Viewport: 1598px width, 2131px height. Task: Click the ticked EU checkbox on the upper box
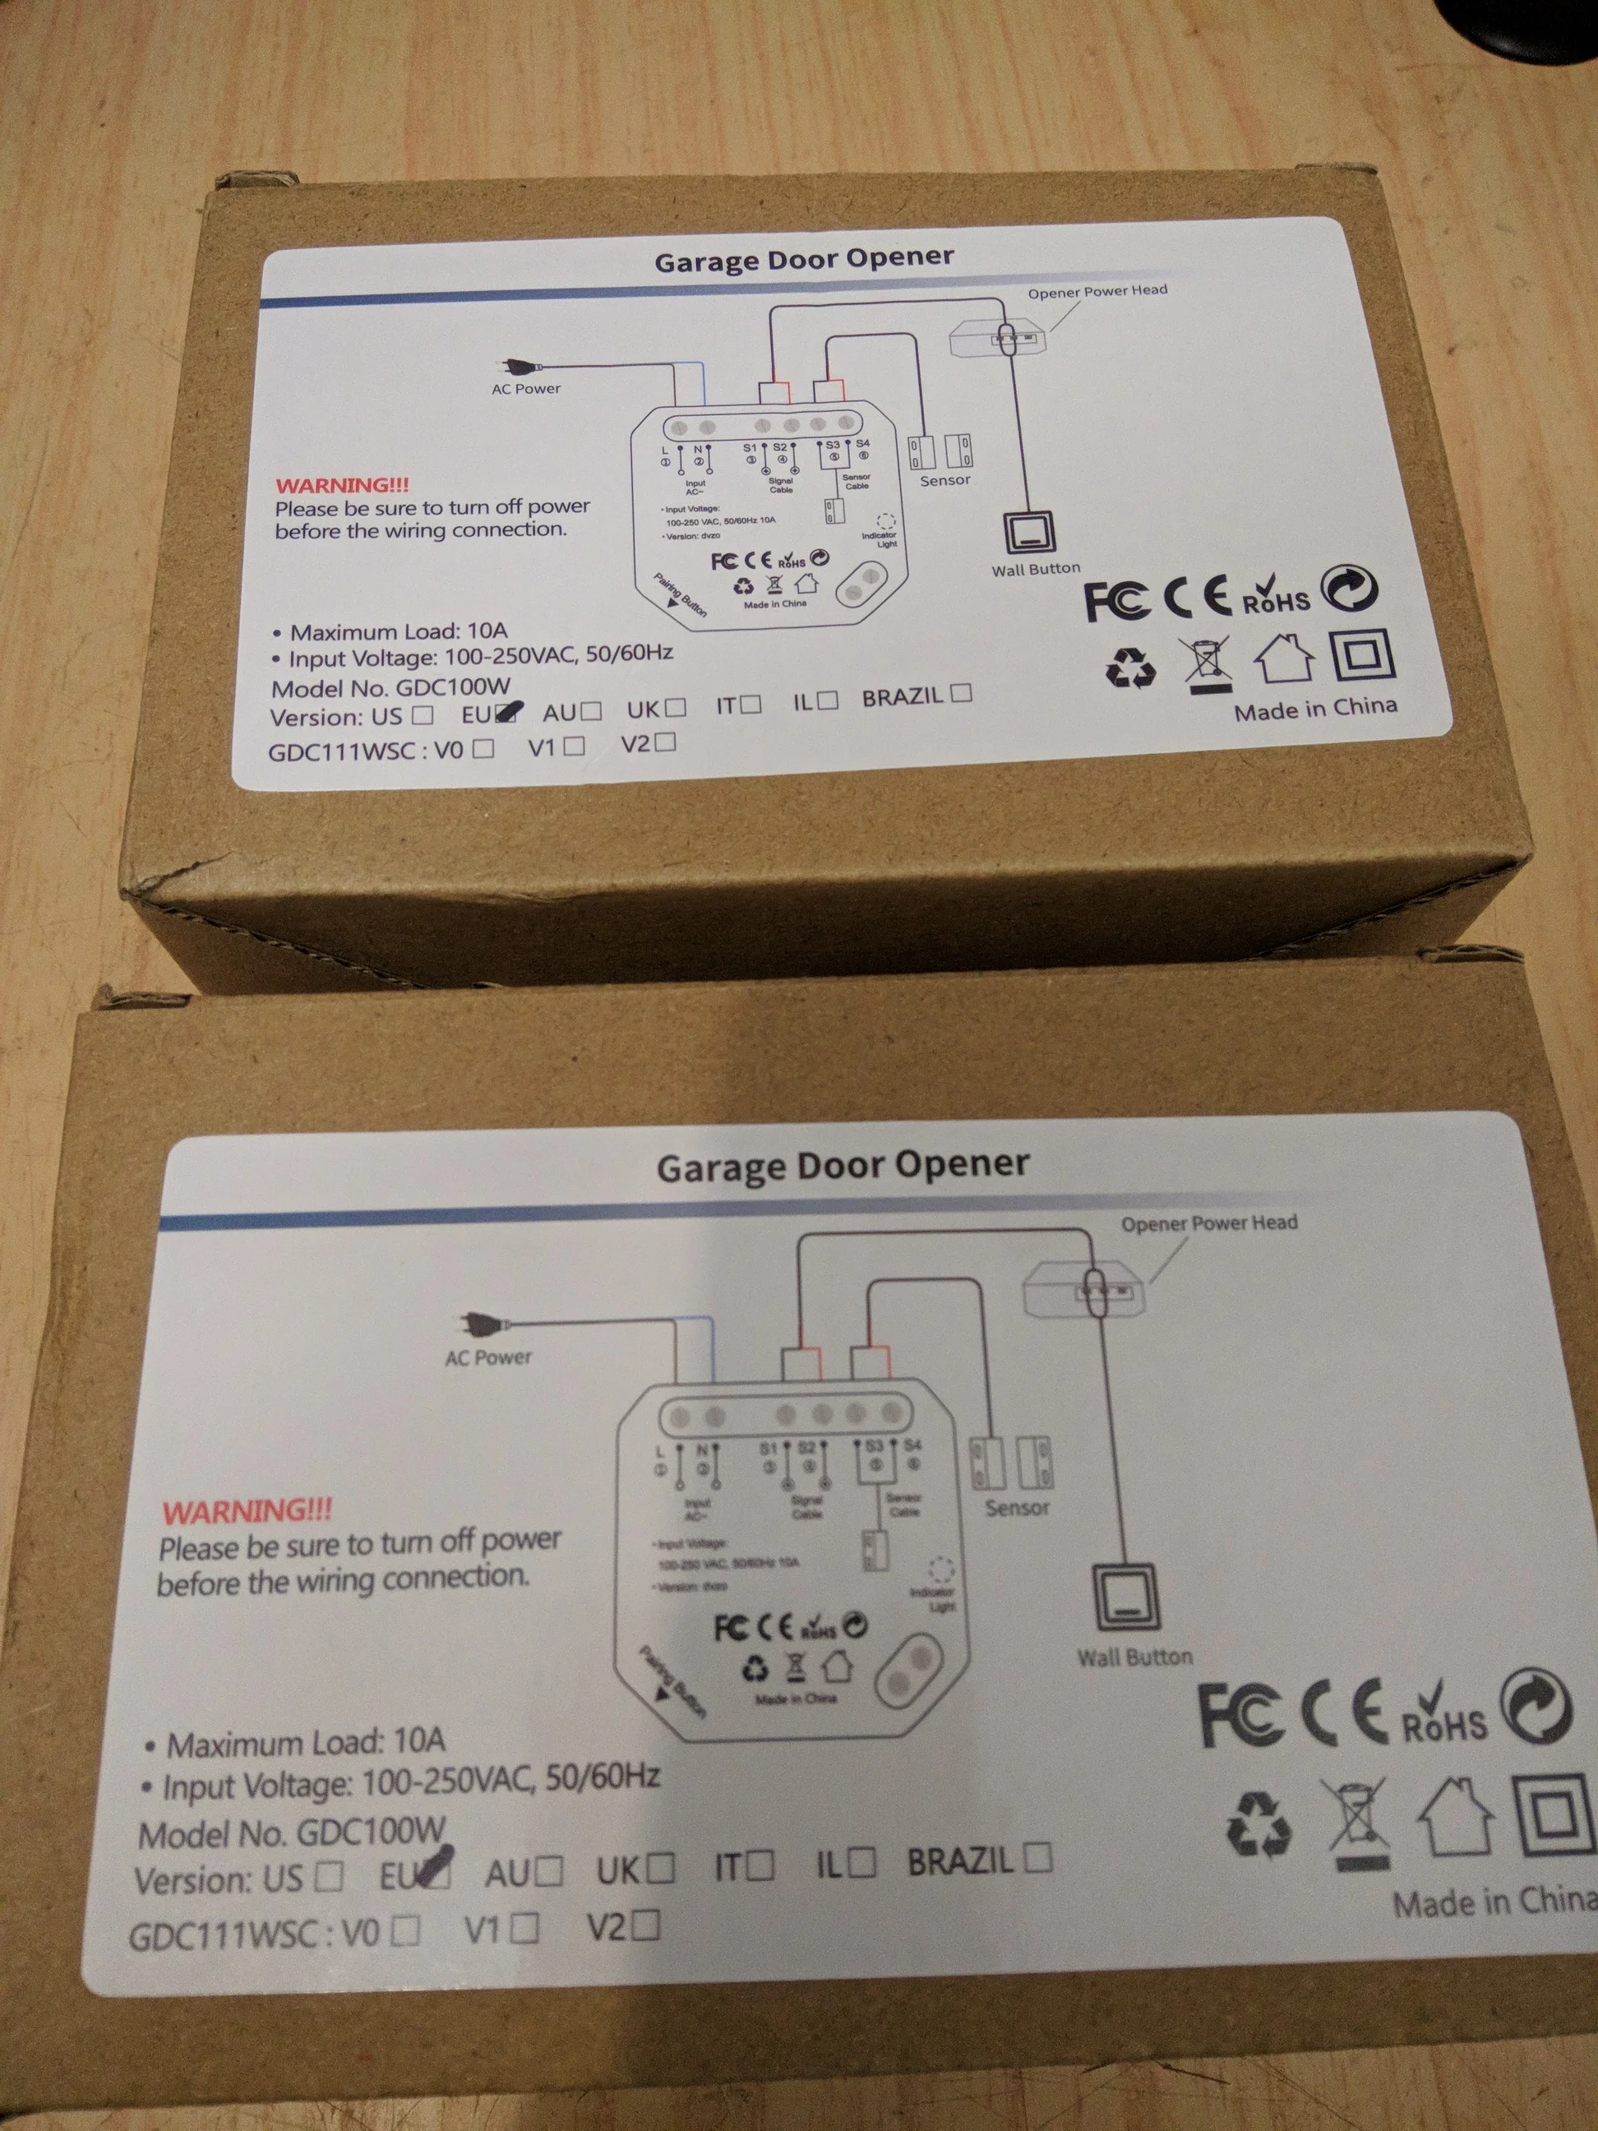(x=506, y=713)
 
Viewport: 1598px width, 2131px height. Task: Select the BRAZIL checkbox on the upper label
(x=960, y=693)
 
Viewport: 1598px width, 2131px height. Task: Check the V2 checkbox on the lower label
(x=647, y=1925)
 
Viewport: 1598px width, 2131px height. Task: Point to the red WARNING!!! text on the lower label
(x=247, y=1510)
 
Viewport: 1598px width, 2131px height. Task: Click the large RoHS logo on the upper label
(x=1275, y=594)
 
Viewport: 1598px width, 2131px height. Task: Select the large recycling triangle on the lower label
(x=1258, y=1824)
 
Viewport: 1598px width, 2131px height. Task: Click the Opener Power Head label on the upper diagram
(x=1097, y=291)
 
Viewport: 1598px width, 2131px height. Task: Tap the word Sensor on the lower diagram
(x=1017, y=1508)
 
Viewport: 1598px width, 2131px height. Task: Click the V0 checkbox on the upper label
(x=484, y=747)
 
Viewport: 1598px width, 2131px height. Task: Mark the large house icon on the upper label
(x=1284, y=659)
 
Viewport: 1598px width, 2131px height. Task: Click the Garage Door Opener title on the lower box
(x=843, y=1166)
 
